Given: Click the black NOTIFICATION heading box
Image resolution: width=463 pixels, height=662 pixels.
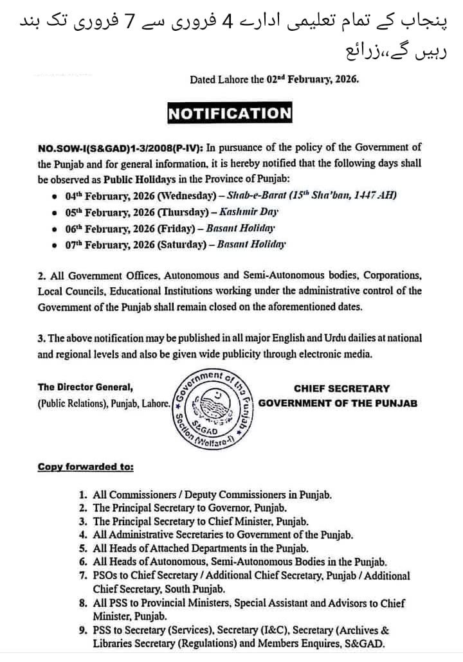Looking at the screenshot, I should (230, 114).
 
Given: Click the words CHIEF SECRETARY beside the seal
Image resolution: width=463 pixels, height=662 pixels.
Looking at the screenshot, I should (341, 388).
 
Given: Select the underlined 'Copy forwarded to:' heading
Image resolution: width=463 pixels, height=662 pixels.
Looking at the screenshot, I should (86, 467).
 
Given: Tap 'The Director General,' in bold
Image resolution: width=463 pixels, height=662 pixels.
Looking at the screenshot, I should (85, 387).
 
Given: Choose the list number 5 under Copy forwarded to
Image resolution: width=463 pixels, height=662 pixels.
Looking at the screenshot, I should (83, 548).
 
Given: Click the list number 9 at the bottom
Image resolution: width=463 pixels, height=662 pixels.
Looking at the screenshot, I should (83, 631).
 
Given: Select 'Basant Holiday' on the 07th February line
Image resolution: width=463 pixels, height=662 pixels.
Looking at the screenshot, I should (251, 244).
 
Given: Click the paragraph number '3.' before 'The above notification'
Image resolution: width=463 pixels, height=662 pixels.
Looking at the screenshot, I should (42, 338).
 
